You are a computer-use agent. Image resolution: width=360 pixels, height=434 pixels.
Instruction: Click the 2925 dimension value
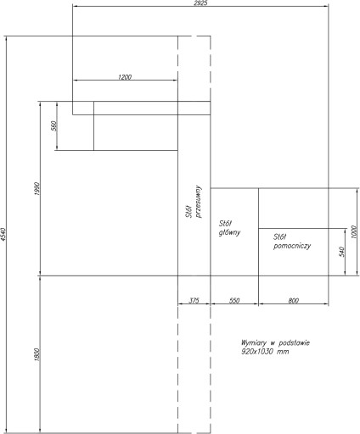pos(200,3)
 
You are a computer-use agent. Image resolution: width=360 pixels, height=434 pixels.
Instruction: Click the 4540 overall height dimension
pos(3,234)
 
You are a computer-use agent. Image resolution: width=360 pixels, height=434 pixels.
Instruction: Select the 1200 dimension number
pos(125,77)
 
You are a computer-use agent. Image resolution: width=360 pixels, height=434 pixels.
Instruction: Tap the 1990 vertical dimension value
pos(37,189)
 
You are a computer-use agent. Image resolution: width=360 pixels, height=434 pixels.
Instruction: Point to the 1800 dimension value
pos(37,354)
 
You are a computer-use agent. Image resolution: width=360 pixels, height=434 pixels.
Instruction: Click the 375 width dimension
pos(194,300)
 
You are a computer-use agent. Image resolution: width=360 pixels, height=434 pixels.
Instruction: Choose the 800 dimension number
pos(294,300)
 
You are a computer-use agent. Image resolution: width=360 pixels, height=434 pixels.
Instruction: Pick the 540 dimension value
pos(341,252)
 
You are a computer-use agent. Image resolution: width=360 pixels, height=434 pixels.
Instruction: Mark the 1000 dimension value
pos(354,231)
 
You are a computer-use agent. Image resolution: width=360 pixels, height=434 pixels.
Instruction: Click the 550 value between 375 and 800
pos(234,300)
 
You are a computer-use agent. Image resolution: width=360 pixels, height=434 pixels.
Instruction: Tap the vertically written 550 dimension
pos(53,125)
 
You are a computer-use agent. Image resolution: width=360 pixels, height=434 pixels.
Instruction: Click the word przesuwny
pos(199,202)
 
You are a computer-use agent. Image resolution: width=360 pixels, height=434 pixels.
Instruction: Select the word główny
pos(229,232)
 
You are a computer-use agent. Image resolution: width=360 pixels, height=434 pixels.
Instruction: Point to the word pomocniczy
pos(292,246)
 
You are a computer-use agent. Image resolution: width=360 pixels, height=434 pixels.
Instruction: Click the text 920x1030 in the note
pos(257,352)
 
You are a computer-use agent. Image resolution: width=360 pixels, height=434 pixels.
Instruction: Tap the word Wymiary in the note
pos(254,343)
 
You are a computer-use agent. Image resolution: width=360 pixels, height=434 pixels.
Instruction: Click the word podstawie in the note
pos(294,342)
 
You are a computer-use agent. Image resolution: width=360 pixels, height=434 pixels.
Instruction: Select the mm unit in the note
pos(283,352)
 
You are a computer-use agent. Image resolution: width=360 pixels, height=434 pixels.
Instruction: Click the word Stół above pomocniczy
pos(280,236)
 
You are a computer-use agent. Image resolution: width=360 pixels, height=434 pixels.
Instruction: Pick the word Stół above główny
pos(225,224)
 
